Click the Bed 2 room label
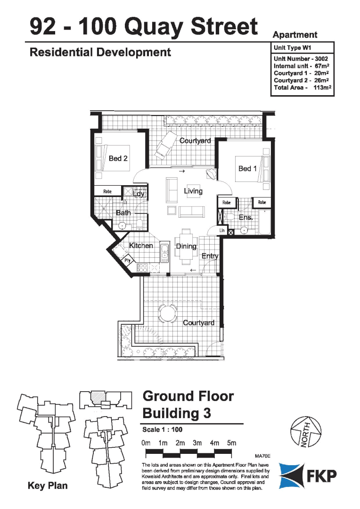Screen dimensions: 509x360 click(x=118, y=158)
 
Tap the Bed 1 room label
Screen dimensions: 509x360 click(x=247, y=168)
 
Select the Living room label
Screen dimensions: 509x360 click(x=193, y=191)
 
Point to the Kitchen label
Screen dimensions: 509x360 click(x=141, y=246)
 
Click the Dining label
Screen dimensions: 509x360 click(x=186, y=246)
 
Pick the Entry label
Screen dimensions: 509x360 click(x=210, y=256)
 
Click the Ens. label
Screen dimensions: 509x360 click(x=245, y=218)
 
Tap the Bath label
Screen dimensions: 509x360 click(x=123, y=213)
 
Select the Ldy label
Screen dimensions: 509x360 click(x=139, y=194)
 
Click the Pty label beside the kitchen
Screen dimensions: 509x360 click(x=127, y=259)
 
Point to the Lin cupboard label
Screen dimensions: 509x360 click(x=222, y=230)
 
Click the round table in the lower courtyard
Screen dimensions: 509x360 click(x=167, y=312)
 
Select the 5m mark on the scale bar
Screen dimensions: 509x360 click(x=231, y=443)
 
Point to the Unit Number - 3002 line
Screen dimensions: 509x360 click(x=301, y=58)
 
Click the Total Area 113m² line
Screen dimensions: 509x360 click(x=301, y=88)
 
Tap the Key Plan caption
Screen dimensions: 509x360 click(x=48, y=485)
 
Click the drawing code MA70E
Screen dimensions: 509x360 click(x=263, y=456)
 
